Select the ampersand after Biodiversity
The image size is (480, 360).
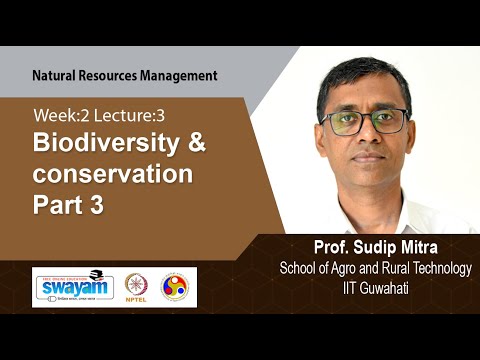[x=195, y=143]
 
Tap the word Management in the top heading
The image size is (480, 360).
[x=179, y=75]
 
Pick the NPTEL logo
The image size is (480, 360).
[x=136, y=286]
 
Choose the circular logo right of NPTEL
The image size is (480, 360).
[x=176, y=286]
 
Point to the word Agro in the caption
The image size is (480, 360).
[x=342, y=266]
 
